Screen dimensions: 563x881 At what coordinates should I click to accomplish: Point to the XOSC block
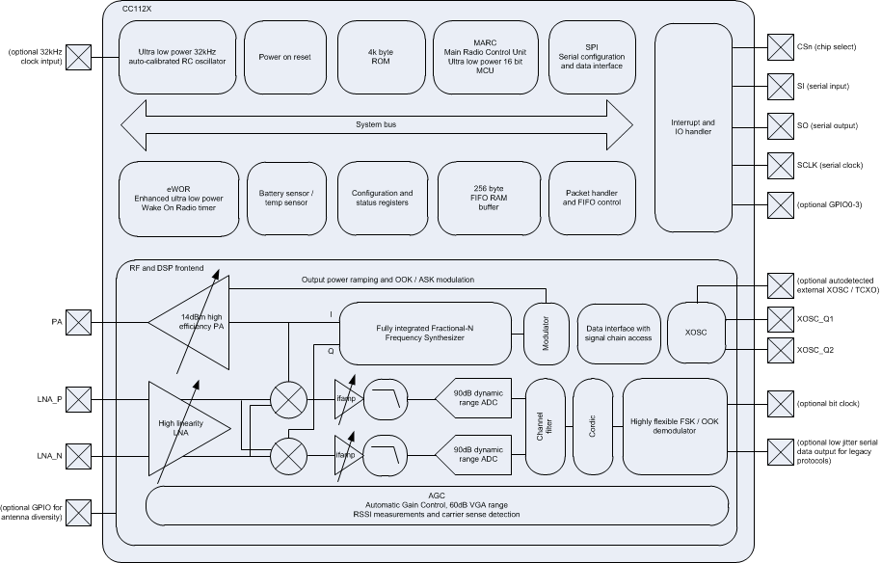click(696, 332)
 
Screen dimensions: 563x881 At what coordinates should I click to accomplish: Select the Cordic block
click(592, 427)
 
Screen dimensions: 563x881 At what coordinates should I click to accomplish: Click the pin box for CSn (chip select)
click(780, 45)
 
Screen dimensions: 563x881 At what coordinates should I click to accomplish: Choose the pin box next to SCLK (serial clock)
click(780, 164)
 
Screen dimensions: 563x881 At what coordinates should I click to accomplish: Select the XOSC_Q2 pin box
click(780, 351)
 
